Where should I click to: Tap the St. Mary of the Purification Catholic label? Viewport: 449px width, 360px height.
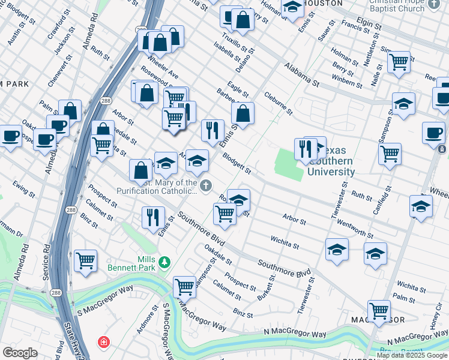tap(164, 187)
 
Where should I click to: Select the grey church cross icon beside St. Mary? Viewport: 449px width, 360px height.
tap(206, 186)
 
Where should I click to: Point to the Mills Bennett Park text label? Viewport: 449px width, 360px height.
tap(138, 263)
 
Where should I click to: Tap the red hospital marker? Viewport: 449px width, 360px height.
tap(104, 342)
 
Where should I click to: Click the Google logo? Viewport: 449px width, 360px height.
tap(20, 353)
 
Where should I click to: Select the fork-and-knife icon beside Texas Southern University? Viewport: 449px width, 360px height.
tap(306, 149)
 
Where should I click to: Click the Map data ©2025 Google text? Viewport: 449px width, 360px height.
tap(412, 355)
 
